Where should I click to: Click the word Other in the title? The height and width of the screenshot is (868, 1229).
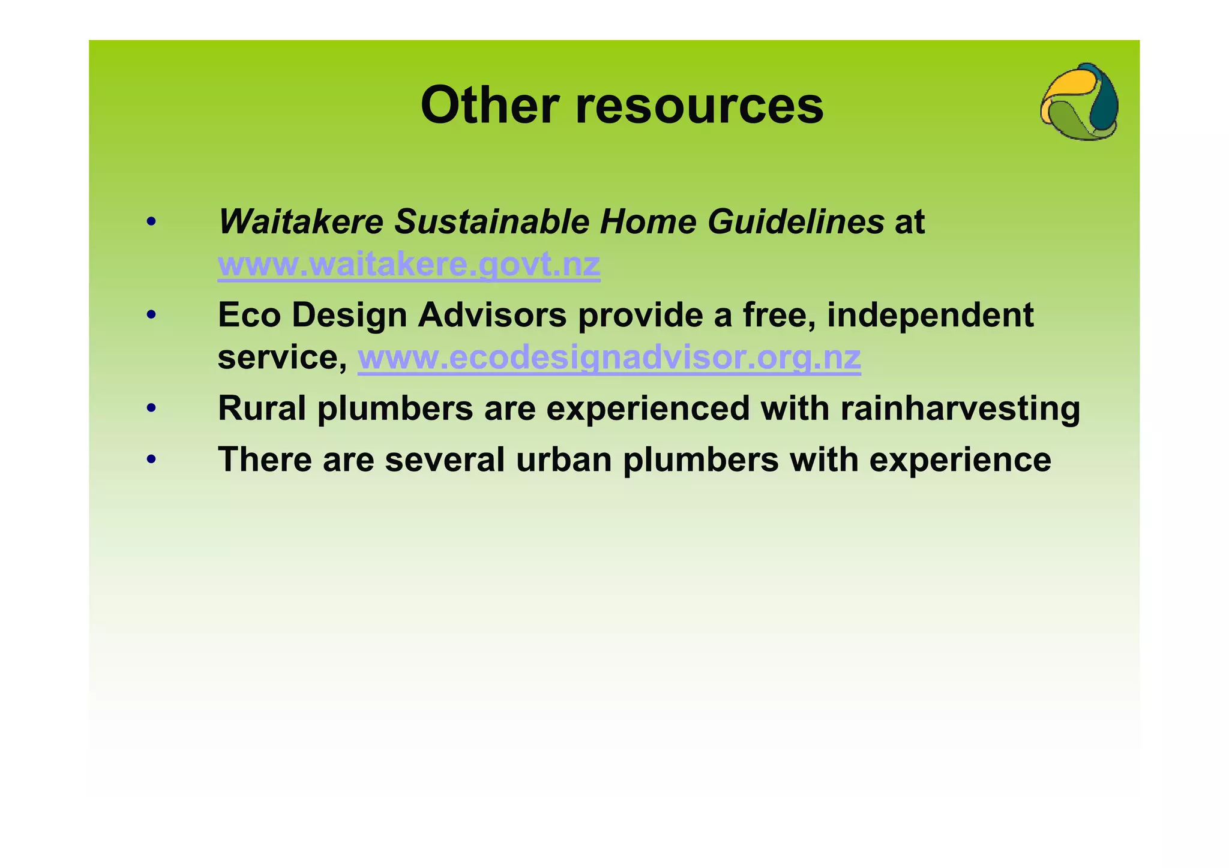point(490,106)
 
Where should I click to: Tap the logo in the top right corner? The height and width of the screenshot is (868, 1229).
point(1079,102)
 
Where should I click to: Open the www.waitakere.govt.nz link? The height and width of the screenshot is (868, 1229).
point(409,265)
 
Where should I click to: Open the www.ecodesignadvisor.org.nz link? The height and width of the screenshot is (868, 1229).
point(609,358)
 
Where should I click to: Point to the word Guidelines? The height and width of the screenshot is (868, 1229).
point(795,221)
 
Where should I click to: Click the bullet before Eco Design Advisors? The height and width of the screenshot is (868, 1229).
point(151,315)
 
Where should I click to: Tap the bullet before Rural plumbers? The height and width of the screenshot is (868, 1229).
point(151,409)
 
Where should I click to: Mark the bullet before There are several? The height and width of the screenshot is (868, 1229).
point(151,460)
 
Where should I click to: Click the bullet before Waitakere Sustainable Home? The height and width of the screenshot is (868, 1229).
point(151,223)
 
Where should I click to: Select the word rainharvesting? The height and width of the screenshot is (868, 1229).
point(960,409)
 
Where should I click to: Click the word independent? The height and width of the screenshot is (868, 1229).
point(930,315)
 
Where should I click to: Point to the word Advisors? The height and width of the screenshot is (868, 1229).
point(492,315)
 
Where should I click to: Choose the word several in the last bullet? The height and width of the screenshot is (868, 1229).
point(445,460)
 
